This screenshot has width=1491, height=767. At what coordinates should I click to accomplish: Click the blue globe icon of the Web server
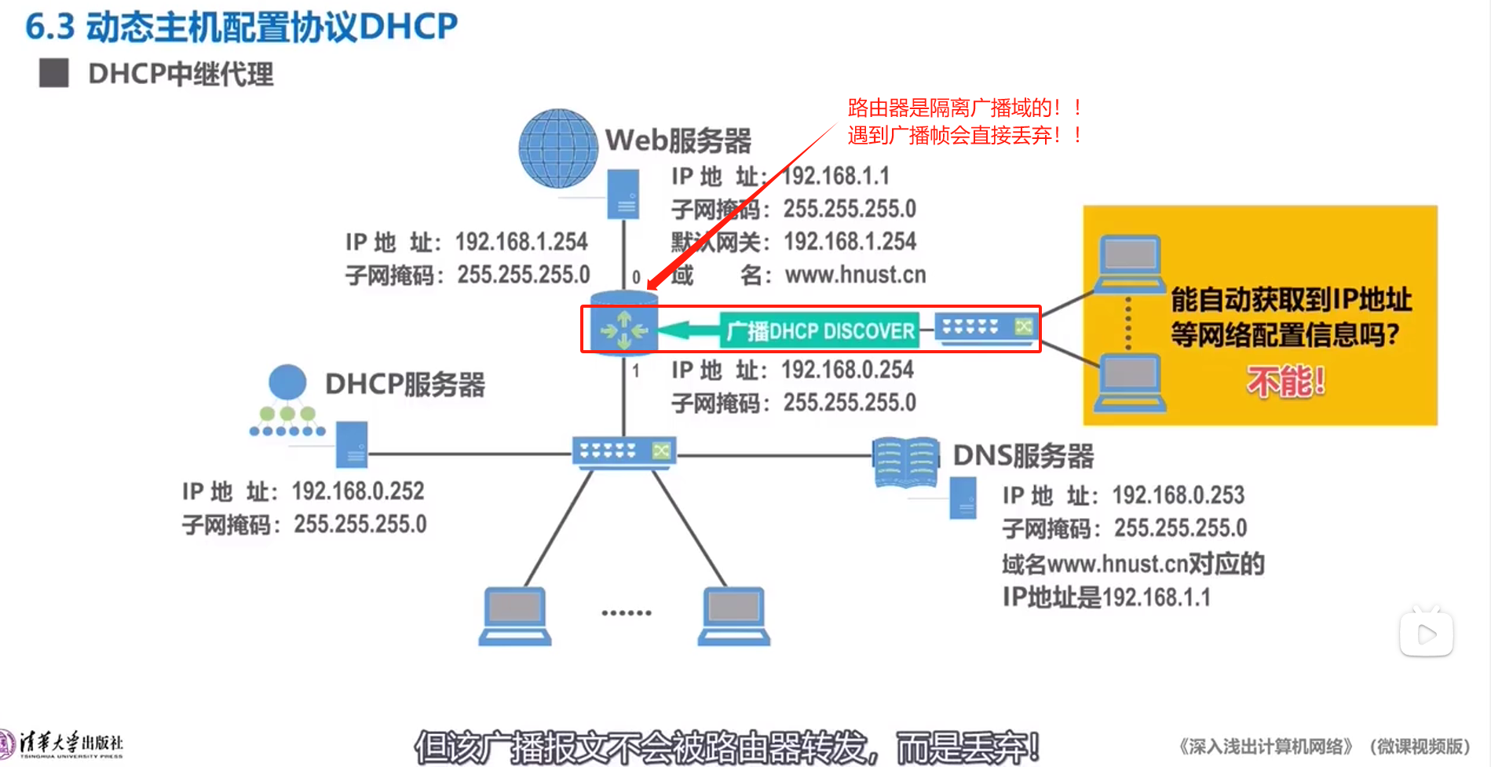(558, 148)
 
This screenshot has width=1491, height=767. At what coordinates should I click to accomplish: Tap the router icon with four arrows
(624, 329)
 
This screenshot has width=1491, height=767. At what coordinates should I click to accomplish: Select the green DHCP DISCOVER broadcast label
(819, 331)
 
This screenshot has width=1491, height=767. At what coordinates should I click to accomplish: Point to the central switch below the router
(624, 452)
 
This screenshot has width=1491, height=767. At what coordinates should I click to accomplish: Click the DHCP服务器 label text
(404, 385)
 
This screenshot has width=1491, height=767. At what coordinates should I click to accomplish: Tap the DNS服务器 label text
(1022, 455)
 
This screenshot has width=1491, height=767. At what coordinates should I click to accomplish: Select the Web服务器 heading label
(678, 141)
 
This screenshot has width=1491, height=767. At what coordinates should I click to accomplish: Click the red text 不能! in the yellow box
(1285, 382)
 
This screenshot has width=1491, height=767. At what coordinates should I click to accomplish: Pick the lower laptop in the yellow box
(1129, 382)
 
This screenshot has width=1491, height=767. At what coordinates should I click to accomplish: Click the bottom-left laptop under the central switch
(515, 615)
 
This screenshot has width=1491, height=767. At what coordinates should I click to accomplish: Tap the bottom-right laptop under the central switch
(733, 615)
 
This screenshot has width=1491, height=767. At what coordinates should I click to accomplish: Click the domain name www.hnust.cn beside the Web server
(855, 275)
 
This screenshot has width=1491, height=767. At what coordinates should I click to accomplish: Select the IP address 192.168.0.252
(357, 491)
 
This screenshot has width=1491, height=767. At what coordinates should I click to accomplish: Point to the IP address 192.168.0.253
(1178, 495)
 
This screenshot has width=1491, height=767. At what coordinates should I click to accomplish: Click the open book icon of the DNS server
(905, 462)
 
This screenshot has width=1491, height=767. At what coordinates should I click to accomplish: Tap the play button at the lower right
(1426, 634)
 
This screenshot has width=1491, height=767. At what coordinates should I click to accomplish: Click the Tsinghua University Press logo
(63, 743)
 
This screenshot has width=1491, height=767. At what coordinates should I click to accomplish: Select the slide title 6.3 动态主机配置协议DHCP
(241, 27)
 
